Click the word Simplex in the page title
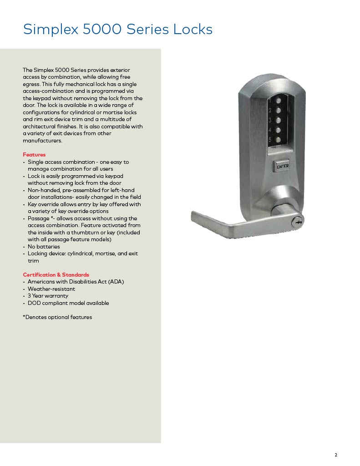click(x=49, y=30)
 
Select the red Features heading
click(x=34, y=155)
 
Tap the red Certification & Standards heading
click(x=56, y=275)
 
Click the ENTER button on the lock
click(x=283, y=167)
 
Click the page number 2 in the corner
click(x=335, y=455)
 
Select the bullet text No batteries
click(x=44, y=247)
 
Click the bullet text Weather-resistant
click(x=51, y=289)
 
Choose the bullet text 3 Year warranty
click(x=48, y=296)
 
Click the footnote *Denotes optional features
click(x=57, y=317)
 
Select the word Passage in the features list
click(x=38, y=218)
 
